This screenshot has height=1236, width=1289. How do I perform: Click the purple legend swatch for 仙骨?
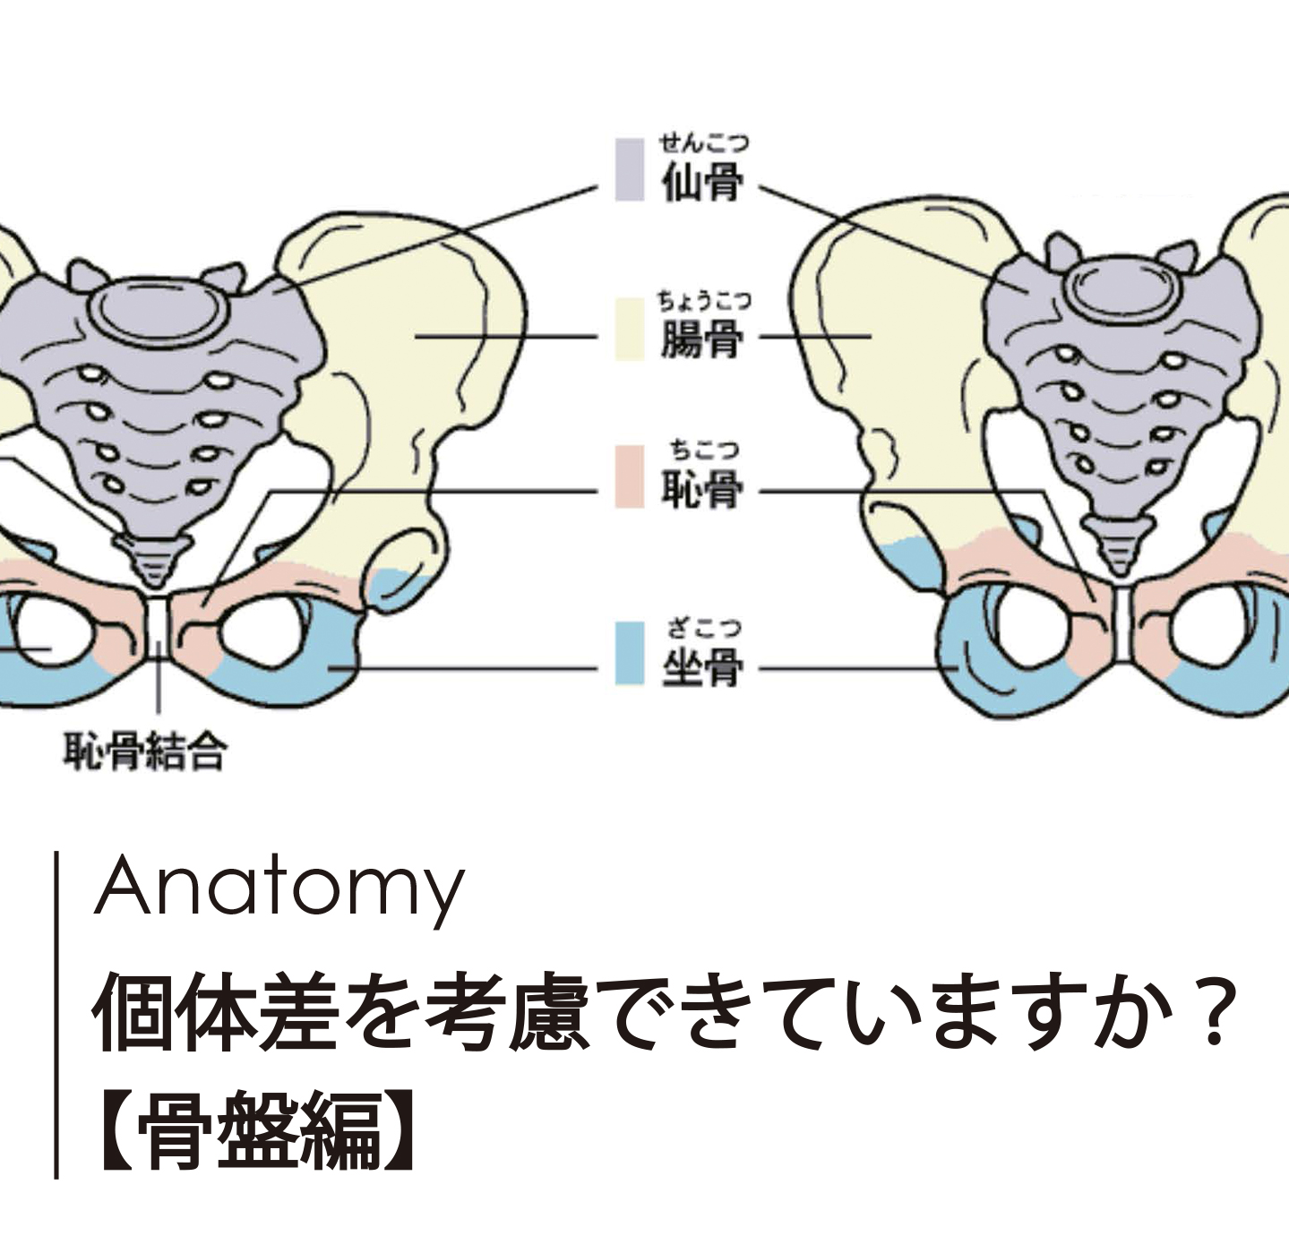pos(630,169)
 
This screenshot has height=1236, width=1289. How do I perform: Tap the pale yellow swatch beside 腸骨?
pos(630,330)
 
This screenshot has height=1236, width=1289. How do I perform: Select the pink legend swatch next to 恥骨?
pos(630,476)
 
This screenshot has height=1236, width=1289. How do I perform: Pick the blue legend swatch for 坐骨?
pos(630,654)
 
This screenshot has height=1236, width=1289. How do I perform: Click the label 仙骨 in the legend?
pos(702,184)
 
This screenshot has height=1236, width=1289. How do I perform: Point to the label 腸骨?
pos(702,340)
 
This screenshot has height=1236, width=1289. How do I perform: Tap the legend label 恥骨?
pos(702,489)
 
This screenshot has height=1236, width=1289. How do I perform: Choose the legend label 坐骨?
pos(702,667)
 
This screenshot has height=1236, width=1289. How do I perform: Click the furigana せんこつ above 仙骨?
pos(704,142)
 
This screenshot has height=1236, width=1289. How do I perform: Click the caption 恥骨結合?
pos(144,751)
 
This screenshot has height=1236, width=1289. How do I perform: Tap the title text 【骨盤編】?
pos(255,1131)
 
